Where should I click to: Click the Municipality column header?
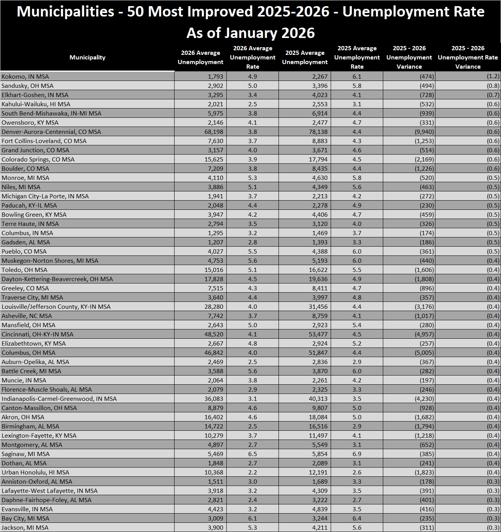[x=87, y=58]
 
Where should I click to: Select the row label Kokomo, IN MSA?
[x=25, y=76]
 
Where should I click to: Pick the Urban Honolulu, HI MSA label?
[x=35, y=472]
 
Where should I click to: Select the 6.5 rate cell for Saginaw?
[x=252, y=454]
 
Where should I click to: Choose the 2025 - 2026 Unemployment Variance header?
[x=409, y=58]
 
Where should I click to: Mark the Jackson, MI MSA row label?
[x=25, y=527]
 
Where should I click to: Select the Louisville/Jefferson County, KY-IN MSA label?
[x=56, y=306]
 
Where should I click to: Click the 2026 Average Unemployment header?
[x=201, y=58]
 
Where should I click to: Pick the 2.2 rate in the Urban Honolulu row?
[x=252, y=472]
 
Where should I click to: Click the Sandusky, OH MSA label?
[x=28, y=86]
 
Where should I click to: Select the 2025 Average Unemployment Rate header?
[x=357, y=58]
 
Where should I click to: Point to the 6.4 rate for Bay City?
[x=357, y=518]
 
